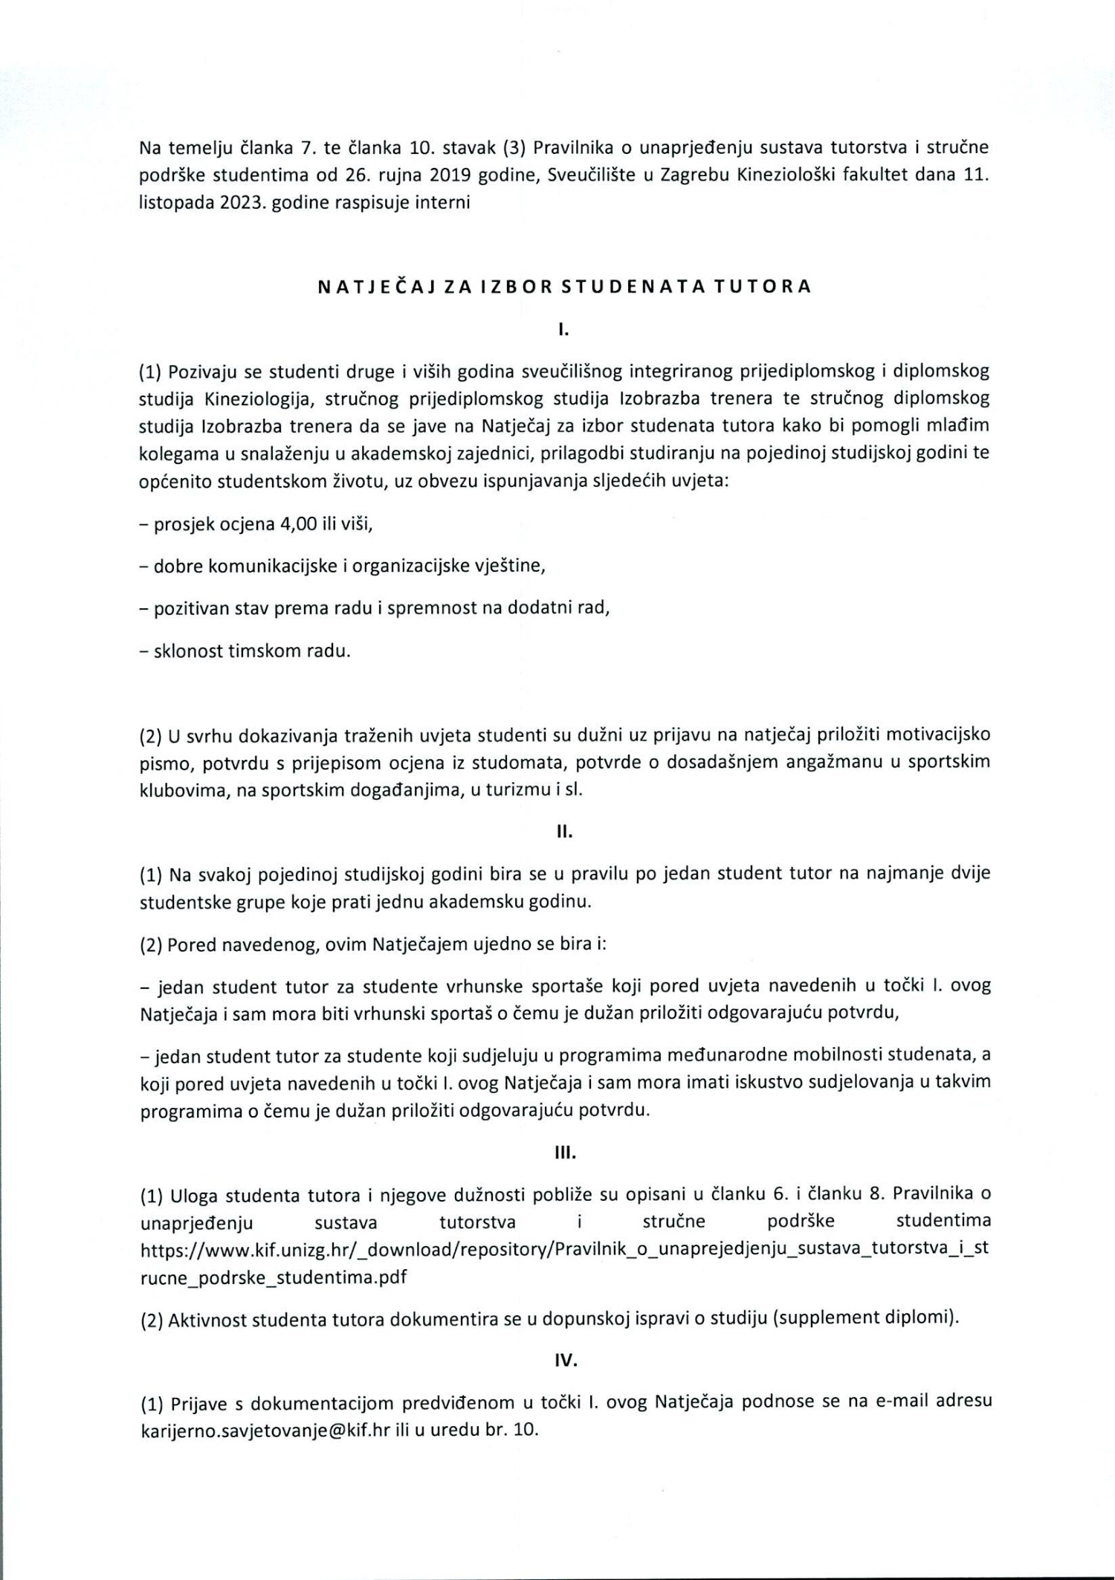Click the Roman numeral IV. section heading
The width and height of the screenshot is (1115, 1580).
565,1360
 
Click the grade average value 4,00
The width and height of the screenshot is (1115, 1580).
297,524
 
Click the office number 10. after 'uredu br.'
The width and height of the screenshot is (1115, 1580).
525,1429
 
